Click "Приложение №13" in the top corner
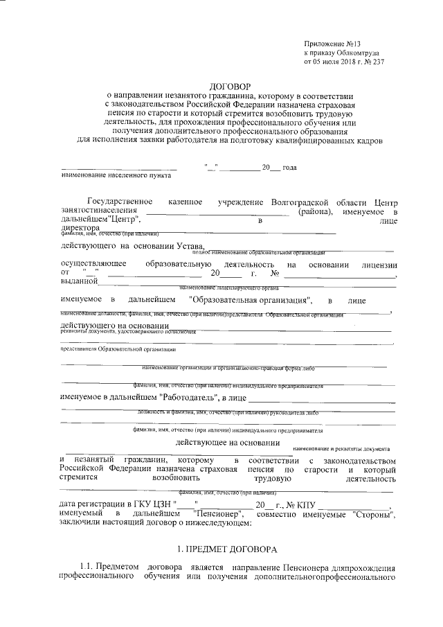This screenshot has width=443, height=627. pyautogui.click(x=330, y=43)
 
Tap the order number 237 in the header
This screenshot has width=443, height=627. pyautogui.click(x=377, y=61)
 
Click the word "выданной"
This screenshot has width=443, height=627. pyautogui.click(x=78, y=281)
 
